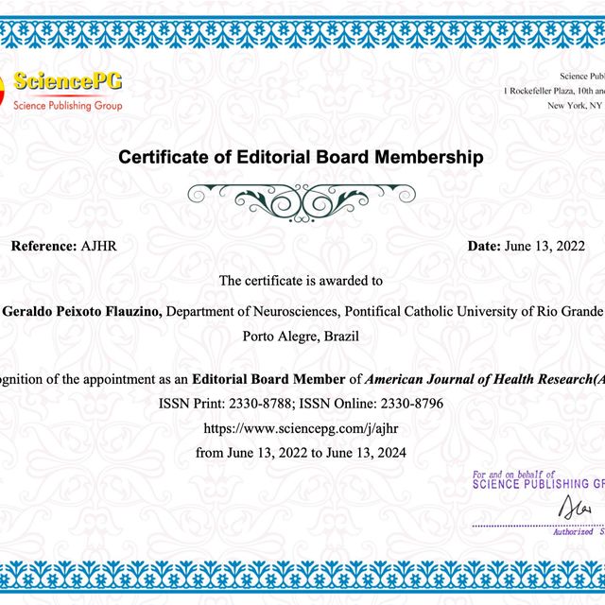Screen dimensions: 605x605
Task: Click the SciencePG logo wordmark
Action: [67, 82]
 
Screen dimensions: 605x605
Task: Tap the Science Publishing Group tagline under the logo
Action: [67, 106]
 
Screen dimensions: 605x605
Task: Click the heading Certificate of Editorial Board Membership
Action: [301, 157]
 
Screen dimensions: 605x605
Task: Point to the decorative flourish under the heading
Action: [302, 197]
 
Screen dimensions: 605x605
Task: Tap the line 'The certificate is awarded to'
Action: [301, 280]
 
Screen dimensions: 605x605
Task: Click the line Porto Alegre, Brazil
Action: [301, 335]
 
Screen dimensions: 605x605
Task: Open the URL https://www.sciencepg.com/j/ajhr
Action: [301, 428]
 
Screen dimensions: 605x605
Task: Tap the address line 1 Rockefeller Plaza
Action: [554, 91]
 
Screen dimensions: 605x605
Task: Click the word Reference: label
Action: [43, 246]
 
